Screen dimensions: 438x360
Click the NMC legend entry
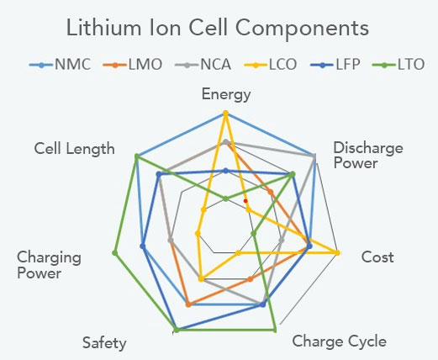(60, 65)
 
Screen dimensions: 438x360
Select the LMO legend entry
(133, 65)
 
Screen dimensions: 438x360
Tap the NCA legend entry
(203, 65)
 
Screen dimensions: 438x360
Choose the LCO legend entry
(270, 65)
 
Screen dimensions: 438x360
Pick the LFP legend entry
(335, 65)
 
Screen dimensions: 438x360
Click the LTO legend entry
(398, 65)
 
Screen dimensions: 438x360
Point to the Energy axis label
(226, 95)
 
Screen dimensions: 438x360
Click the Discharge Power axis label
(368, 156)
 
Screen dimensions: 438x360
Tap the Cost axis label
(377, 257)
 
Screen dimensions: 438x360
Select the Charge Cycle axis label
(340, 341)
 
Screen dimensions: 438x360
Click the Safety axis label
(104, 343)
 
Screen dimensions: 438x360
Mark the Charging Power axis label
(49, 265)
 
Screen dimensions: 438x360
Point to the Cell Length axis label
(74, 149)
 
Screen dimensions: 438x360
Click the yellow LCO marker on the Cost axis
(338, 253)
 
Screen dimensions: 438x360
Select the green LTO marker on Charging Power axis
(114, 253)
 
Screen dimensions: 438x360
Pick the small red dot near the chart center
(245, 201)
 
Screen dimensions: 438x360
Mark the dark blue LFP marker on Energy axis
(226, 171)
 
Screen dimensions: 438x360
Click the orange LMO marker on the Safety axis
(188, 304)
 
